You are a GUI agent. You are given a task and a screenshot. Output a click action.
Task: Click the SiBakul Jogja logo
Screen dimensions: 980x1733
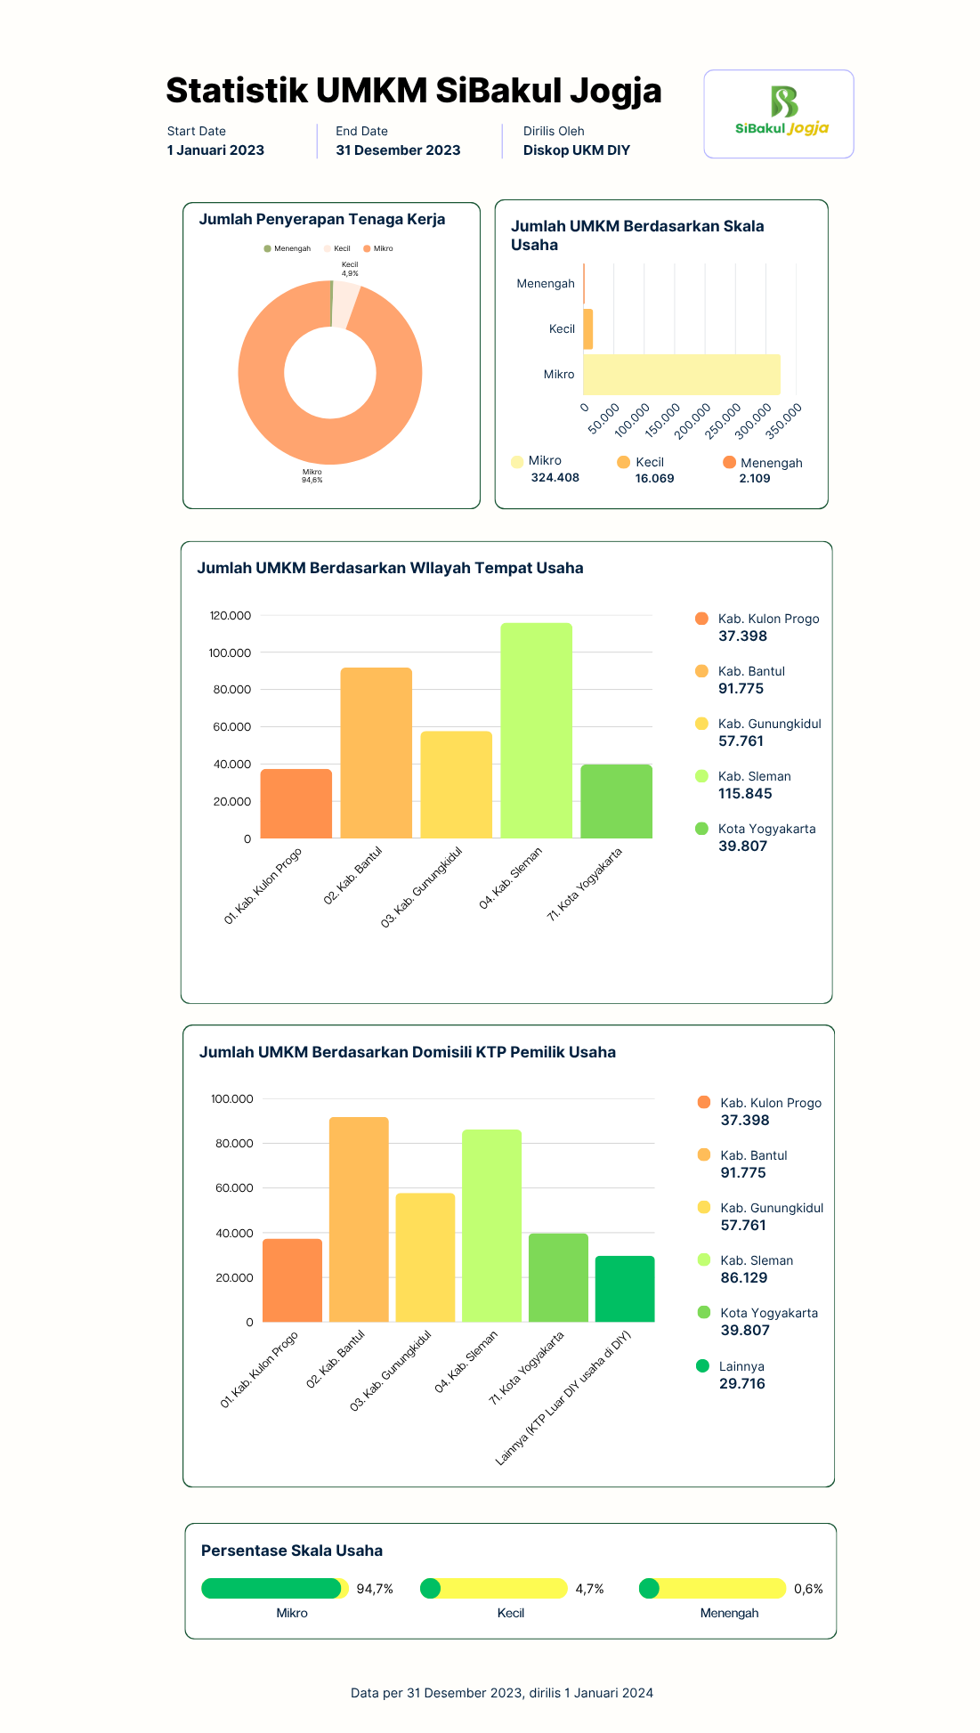pyautogui.click(x=782, y=111)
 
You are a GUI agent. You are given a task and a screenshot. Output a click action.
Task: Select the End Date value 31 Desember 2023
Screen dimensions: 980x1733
pyautogui.click(x=398, y=150)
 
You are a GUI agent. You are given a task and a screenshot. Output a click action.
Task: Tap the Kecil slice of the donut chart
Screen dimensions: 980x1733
pyautogui.click(x=345, y=304)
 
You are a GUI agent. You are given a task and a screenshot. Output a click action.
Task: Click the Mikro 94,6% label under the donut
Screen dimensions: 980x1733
pyautogui.click(x=312, y=476)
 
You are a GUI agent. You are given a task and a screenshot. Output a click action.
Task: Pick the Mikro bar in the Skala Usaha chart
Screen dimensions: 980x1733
pyautogui.click(x=682, y=375)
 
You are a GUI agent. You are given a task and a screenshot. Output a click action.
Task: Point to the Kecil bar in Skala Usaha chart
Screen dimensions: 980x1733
pyautogui.click(x=587, y=329)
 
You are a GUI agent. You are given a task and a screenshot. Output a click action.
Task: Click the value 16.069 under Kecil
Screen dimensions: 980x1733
pyautogui.click(x=654, y=479)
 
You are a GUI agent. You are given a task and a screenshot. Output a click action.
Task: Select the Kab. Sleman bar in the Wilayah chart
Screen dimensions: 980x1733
pyautogui.click(x=536, y=731)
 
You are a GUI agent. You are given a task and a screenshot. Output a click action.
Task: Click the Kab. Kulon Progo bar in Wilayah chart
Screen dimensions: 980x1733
pyautogui.click(x=296, y=804)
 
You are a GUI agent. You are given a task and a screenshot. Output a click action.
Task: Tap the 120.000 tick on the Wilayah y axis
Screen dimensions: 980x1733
pyautogui.click(x=231, y=616)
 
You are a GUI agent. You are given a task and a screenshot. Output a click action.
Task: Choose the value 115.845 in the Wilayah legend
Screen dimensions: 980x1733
pyautogui.click(x=745, y=794)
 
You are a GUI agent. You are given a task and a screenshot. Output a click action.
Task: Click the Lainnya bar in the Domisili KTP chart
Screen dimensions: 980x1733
pyautogui.click(x=625, y=1289)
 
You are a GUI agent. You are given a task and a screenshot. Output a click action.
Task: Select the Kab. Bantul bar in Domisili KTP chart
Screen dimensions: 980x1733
pyautogui.click(x=359, y=1219)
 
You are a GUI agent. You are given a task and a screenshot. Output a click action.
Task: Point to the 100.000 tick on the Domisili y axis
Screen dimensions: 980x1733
pyautogui.click(x=232, y=1099)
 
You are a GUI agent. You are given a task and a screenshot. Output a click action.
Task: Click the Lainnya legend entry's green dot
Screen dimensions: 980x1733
pyautogui.click(x=703, y=1366)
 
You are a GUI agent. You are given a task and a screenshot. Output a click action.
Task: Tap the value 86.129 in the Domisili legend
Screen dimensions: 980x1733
pyautogui.click(x=744, y=1278)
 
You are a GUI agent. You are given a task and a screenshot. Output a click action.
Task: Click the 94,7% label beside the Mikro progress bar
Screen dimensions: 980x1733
pyautogui.click(x=375, y=1589)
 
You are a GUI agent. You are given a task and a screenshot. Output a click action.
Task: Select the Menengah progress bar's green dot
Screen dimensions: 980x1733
pyautogui.click(x=649, y=1589)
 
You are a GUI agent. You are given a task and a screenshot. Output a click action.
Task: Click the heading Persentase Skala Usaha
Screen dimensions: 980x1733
pyautogui.click(x=292, y=1551)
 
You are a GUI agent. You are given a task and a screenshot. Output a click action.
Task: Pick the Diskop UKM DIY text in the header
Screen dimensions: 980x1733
pyautogui.click(x=577, y=150)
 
